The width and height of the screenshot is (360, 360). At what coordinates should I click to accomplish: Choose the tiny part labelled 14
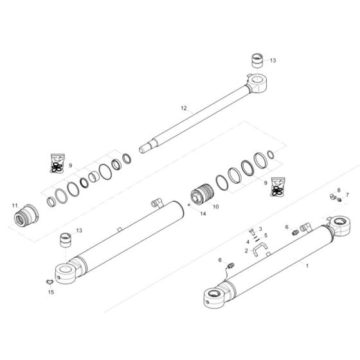click(x=188, y=204)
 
